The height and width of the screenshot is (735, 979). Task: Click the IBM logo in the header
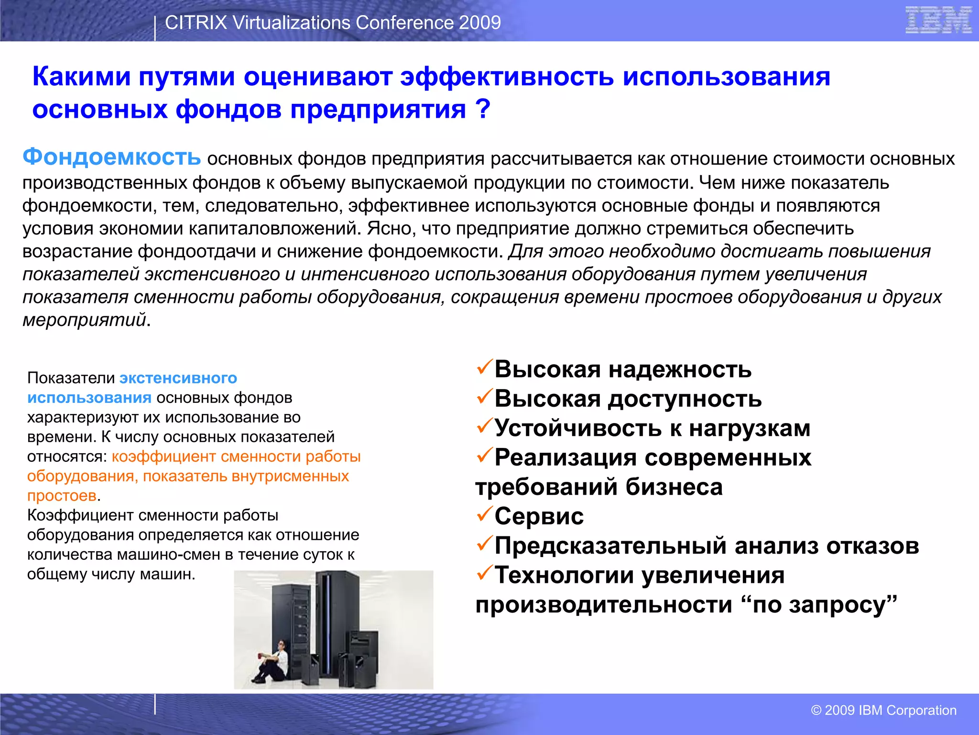(x=938, y=20)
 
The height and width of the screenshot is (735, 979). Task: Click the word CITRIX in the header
(x=196, y=22)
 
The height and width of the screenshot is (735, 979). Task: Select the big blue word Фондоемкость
(x=111, y=156)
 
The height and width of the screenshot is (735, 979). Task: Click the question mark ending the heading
(x=483, y=109)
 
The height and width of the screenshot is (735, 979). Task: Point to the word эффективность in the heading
(x=507, y=77)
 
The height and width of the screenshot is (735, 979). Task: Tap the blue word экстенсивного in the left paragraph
(x=178, y=378)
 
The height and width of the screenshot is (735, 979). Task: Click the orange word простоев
(x=62, y=496)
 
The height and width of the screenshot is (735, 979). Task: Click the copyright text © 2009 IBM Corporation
(x=883, y=710)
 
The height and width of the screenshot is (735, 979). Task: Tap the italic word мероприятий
(x=84, y=320)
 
